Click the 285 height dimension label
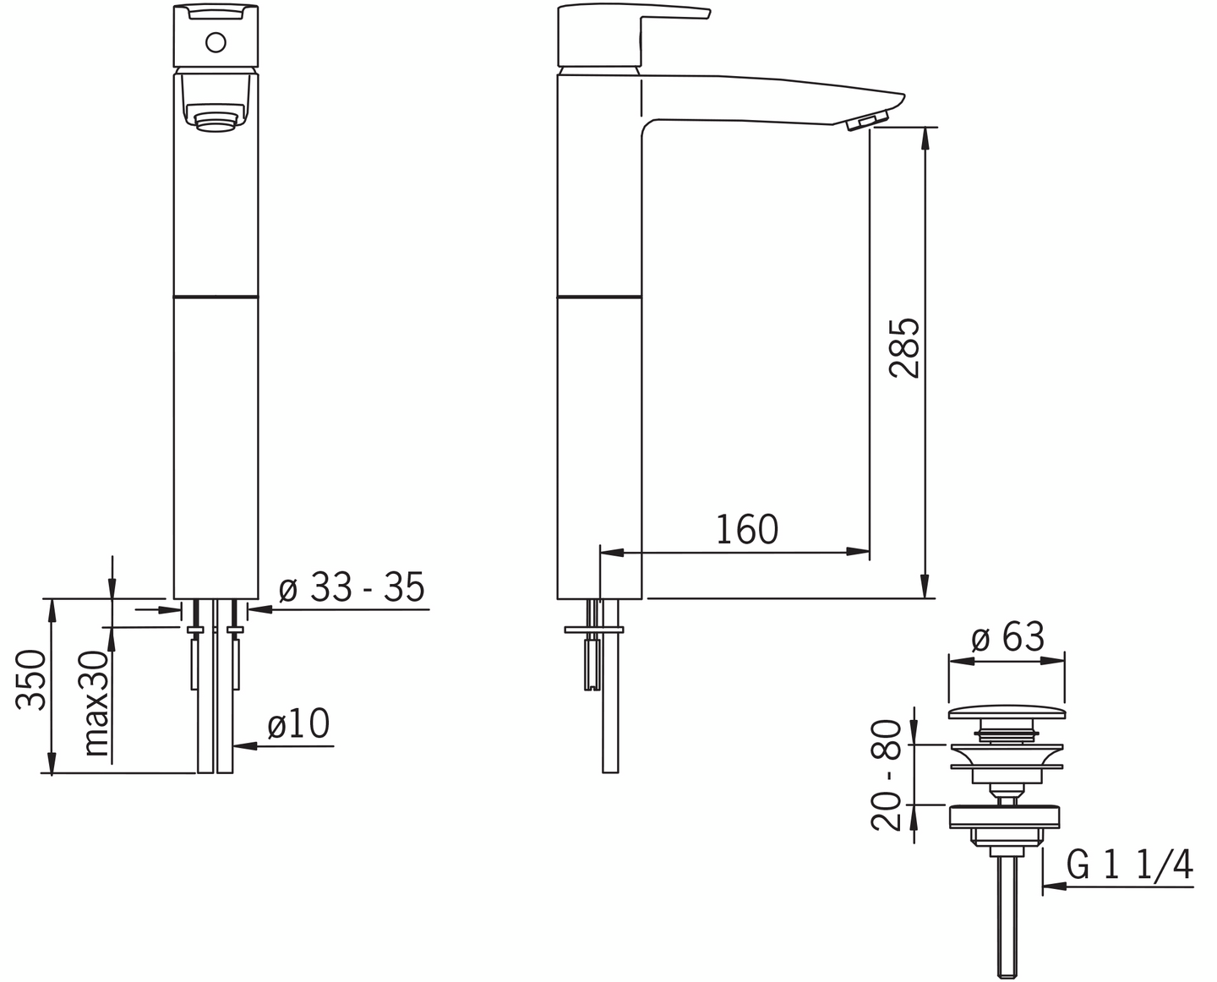(904, 349)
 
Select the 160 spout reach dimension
(747, 530)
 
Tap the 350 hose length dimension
(30, 680)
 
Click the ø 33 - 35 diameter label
(352, 586)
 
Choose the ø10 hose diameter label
(298, 723)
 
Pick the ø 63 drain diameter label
(1007, 637)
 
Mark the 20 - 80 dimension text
(886, 775)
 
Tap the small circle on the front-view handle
(216, 42)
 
